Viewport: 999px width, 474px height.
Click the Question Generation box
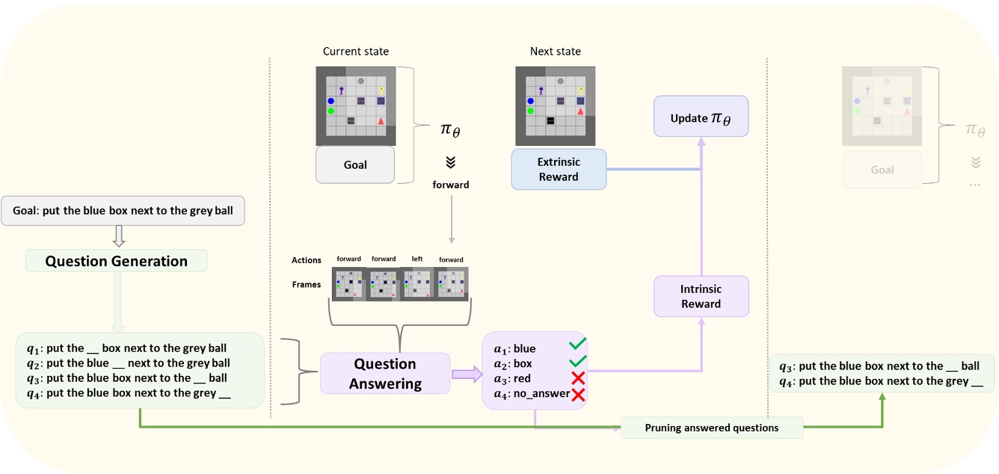pyautogui.click(x=117, y=261)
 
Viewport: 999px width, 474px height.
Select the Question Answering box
pyautogui.click(x=385, y=373)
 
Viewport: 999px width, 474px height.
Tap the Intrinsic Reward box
pyautogui.click(x=701, y=297)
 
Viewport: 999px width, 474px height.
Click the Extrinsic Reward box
pyautogui.click(x=559, y=170)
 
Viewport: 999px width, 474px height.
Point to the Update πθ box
pyautogui.click(x=701, y=117)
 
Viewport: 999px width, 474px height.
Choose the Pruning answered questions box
pyautogui.click(x=712, y=428)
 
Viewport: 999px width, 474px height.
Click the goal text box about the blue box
pyautogui.click(x=123, y=211)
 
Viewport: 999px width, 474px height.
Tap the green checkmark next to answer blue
pyautogui.click(x=578, y=344)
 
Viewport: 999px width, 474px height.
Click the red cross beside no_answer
pyautogui.click(x=579, y=395)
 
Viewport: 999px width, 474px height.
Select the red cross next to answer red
pyautogui.click(x=579, y=378)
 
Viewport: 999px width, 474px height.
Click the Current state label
pyautogui.click(x=356, y=52)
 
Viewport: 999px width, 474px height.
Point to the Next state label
pyautogui.click(x=556, y=52)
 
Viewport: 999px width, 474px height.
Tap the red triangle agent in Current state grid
pyautogui.click(x=381, y=121)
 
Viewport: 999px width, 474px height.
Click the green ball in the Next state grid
pyautogui.click(x=530, y=111)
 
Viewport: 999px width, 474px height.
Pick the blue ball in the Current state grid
pyautogui.click(x=331, y=101)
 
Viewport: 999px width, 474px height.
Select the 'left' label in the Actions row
pyautogui.click(x=417, y=259)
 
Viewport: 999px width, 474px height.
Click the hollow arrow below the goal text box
pyautogui.click(x=119, y=236)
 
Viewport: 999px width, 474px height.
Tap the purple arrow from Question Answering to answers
pyautogui.click(x=467, y=374)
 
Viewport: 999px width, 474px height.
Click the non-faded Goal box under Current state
pyautogui.click(x=355, y=165)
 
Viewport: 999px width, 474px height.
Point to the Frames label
pyautogui.click(x=307, y=285)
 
